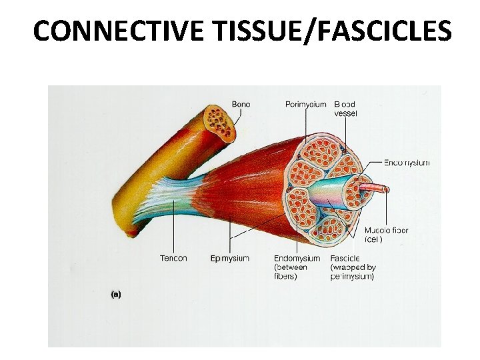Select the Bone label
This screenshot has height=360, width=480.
click(x=242, y=104)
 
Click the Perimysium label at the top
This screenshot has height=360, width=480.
click(x=305, y=104)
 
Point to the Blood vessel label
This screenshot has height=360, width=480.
click(x=345, y=109)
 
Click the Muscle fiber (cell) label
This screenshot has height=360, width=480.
click(x=387, y=235)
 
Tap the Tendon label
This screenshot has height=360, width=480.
click(x=173, y=258)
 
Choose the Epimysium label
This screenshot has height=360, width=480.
click(x=229, y=258)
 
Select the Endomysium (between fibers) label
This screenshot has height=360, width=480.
click(x=297, y=267)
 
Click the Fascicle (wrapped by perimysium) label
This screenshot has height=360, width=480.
click(x=353, y=267)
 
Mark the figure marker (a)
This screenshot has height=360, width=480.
click(x=116, y=294)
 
